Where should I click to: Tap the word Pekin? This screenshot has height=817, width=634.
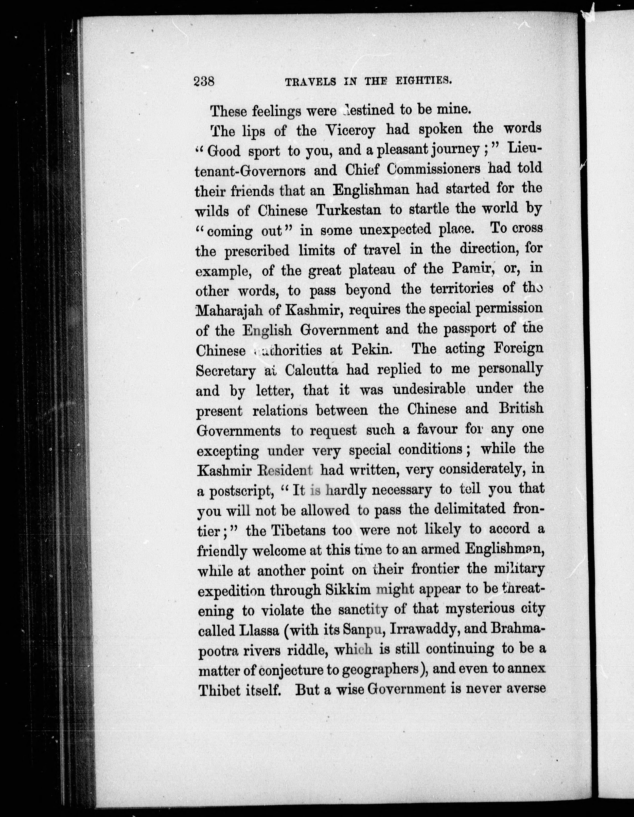(371, 350)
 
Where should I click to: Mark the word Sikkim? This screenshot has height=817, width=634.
(348, 590)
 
